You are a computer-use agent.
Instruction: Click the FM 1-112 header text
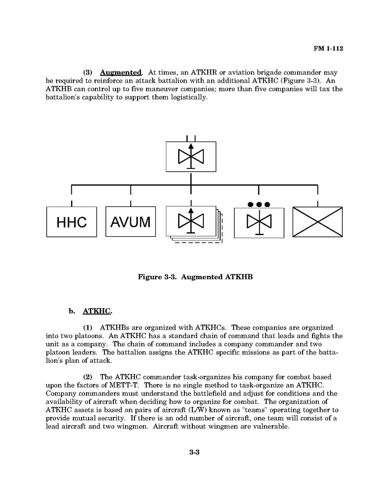[x=328, y=49]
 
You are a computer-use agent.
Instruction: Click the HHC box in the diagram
[x=71, y=222]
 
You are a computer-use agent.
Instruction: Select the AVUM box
[x=130, y=222]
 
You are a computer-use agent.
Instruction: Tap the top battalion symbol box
[x=191, y=157]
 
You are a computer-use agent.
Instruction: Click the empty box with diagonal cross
[x=317, y=222]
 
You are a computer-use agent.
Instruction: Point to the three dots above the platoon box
[x=259, y=204]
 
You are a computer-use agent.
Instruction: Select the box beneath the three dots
[x=259, y=223]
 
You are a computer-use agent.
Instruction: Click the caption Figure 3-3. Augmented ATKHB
[x=195, y=277]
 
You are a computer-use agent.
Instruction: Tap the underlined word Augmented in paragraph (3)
[x=121, y=73]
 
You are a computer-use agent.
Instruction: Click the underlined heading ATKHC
[x=97, y=311]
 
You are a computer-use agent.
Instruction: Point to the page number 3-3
[x=194, y=453]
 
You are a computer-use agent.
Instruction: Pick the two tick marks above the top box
[x=191, y=139]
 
